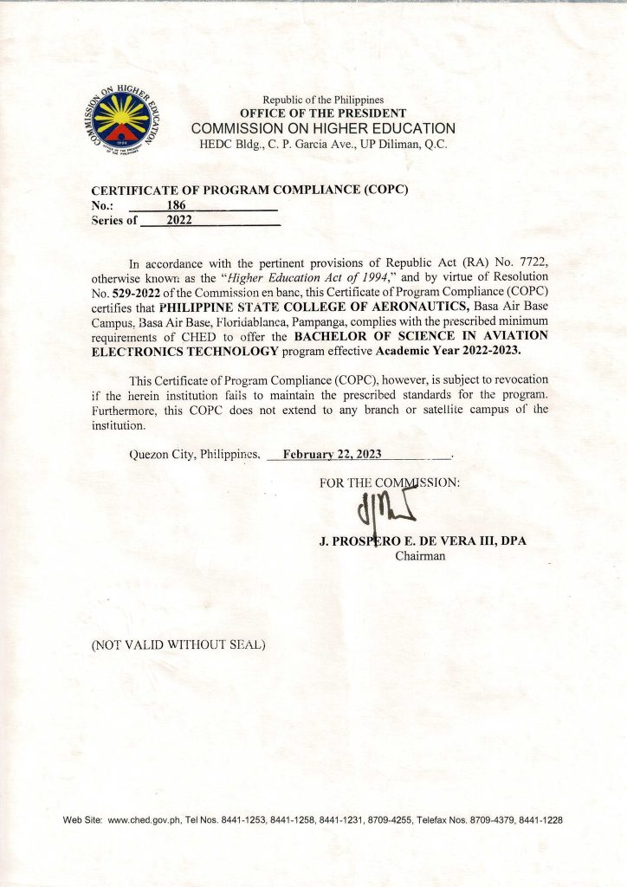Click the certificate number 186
(x=176, y=205)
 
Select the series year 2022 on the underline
(x=179, y=220)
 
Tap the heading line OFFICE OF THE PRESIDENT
(x=323, y=113)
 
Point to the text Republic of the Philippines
(x=323, y=100)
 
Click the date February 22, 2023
(x=332, y=454)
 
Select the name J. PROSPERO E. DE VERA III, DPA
(x=423, y=541)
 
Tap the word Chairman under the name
(x=420, y=556)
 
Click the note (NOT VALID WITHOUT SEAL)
(x=178, y=644)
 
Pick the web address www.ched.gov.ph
(x=143, y=819)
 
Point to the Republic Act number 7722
(x=528, y=262)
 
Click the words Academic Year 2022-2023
(x=449, y=351)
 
